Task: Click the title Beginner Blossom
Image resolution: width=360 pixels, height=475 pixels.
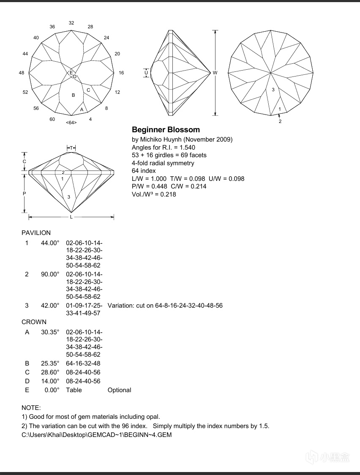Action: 166,130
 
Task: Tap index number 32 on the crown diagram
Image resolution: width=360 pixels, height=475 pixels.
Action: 71,23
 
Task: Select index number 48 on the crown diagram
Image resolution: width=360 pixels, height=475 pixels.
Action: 22,73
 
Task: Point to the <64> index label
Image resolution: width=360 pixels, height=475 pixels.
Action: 71,123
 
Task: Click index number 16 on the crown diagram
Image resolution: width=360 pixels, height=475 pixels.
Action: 121,73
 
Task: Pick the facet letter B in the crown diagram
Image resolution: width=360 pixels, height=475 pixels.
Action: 73,96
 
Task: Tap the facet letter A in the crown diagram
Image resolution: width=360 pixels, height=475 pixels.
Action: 82,109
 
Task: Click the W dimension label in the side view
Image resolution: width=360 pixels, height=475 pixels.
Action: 215,73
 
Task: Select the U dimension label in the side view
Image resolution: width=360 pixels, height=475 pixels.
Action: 146,73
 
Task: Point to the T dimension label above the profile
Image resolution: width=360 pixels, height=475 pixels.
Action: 71,148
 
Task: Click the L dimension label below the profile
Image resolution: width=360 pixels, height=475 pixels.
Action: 71,217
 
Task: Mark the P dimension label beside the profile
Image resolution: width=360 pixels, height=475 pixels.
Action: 25,194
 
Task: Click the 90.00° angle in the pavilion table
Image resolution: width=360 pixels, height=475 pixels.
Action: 50,274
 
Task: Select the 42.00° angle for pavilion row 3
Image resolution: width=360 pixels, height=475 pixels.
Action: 50,306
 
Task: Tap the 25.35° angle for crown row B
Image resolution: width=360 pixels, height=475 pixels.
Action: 50,363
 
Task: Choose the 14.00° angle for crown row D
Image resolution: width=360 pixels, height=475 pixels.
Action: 50,381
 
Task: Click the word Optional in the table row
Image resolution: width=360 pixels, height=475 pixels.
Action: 119,390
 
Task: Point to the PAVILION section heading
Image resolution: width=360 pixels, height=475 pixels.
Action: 36,233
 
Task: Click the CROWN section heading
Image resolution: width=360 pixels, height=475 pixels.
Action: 34,322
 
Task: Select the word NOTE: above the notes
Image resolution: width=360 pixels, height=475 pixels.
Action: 31,408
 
